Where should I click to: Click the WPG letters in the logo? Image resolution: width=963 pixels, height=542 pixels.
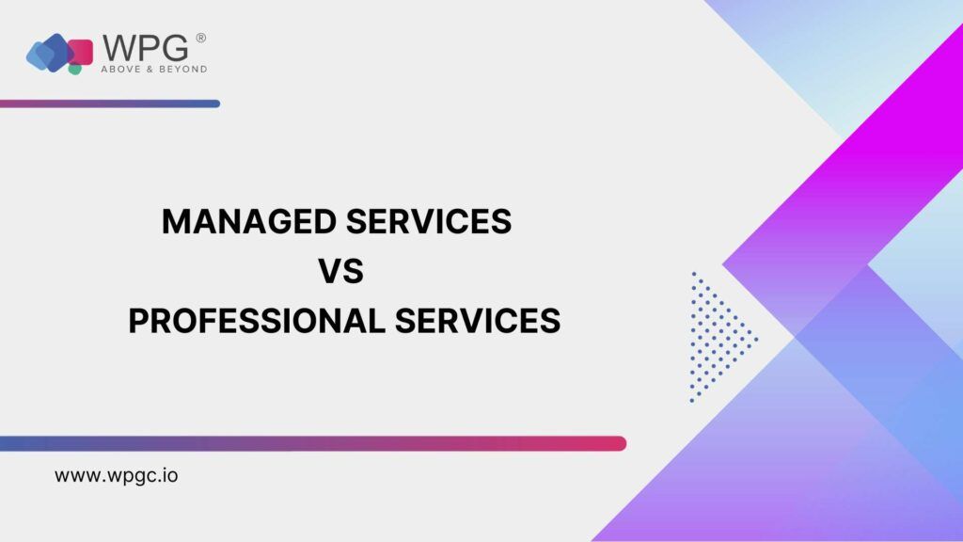[145, 47]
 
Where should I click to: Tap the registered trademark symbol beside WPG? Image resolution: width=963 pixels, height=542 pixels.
[201, 38]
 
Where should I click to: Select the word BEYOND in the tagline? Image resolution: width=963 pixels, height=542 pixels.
[183, 70]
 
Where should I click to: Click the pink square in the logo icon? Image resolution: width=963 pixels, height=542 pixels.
[81, 52]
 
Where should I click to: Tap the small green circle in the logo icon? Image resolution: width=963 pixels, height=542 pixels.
[75, 69]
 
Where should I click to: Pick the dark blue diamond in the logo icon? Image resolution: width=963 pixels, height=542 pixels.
[56, 53]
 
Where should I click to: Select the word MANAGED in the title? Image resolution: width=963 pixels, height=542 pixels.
[249, 221]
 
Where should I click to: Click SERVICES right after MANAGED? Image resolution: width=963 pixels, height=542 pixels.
[429, 221]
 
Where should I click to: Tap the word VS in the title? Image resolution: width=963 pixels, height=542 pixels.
[340, 271]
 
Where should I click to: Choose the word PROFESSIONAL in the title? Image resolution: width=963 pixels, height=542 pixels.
[257, 321]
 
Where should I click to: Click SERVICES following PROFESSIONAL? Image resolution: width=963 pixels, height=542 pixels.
[477, 321]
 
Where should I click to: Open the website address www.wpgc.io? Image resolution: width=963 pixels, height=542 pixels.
[117, 475]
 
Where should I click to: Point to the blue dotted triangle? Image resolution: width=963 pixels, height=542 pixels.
[718, 338]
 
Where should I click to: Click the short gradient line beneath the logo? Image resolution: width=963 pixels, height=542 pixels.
[110, 104]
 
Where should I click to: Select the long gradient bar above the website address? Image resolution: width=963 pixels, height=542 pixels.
[313, 444]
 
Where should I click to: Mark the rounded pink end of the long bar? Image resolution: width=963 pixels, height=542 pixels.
[621, 444]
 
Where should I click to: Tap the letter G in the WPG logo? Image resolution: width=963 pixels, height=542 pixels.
[177, 47]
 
